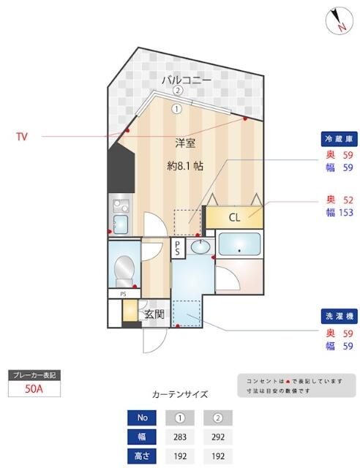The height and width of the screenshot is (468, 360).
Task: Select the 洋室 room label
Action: tap(185, 143)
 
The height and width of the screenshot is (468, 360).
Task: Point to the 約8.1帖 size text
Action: tap(185, 165)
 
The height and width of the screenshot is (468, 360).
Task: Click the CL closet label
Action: tap(234, 217)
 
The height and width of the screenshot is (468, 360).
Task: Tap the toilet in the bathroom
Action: tap(125, 270)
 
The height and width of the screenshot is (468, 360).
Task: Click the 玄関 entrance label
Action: tap(154, 315)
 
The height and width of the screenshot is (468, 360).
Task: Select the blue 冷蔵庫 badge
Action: tap(339, 138)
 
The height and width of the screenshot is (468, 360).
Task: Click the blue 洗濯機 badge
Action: tap(339, 317)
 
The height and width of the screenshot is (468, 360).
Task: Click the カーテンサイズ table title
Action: tap(179, 394)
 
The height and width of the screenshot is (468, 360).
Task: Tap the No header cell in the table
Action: tap(141, 418)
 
